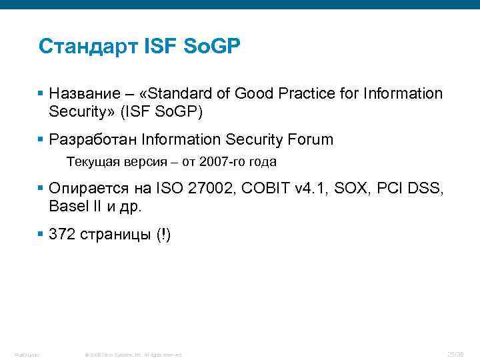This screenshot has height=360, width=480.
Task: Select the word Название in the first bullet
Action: (83, 94)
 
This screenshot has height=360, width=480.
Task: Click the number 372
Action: (63, 235)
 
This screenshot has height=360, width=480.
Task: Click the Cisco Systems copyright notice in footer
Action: (134, 354)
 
